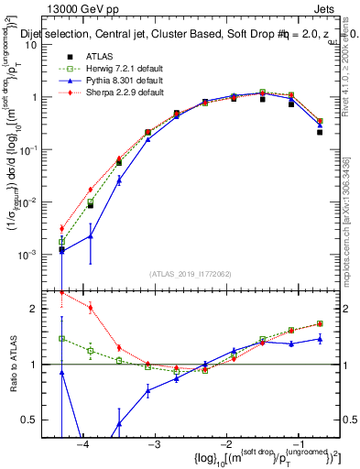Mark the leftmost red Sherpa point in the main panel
tap(61, 228)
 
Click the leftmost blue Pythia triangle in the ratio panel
tap(61, 373)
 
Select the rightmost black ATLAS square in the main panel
tap(320, 132)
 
